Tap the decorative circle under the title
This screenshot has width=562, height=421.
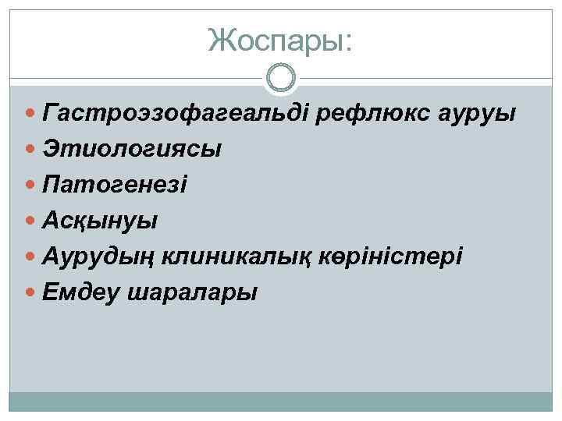tap(281, 78)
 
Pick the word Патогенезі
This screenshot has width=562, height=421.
tap(116, 185)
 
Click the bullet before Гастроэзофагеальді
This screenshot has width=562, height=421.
tap(30, 113)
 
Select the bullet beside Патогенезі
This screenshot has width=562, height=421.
tap(30, 185)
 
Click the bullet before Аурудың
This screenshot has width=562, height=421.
tap(30, 257)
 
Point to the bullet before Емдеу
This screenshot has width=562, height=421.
tap(30, 293)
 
